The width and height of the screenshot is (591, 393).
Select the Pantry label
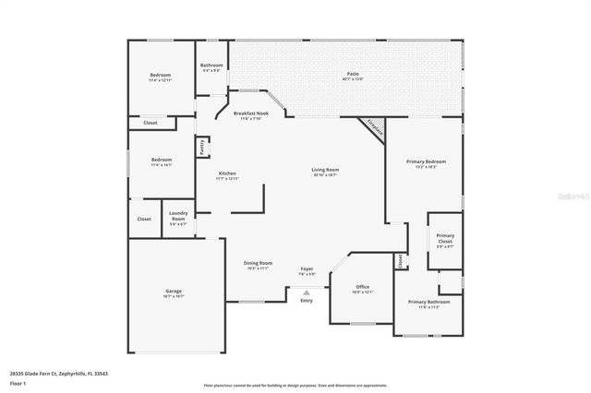click(200, 147)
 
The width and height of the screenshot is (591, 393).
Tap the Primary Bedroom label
click(426, 164)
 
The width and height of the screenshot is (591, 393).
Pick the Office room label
click(362, 289)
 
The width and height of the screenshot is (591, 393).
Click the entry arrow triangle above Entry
click(307, 292)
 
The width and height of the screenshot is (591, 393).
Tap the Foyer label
click(307, 270)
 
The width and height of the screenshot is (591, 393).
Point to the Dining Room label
click(258, 265)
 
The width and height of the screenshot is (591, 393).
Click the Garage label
click(174, 293)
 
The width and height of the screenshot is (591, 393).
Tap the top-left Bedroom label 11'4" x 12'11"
click(162, 77)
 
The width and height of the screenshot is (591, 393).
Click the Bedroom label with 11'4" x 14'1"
click(162, 163)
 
